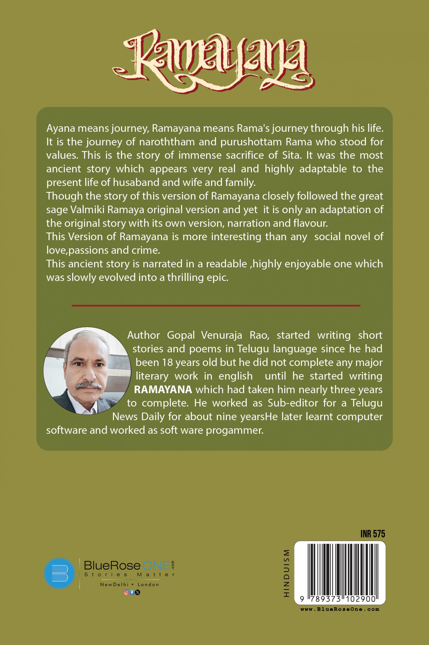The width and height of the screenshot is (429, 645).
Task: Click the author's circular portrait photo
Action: point(87,370)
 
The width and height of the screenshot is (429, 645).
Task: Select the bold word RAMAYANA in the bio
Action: point(163,390)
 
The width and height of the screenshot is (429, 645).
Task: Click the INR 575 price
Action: point(372,534)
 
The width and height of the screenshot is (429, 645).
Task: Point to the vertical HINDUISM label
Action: point(286,573)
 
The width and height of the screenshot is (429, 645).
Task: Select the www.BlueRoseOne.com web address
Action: point(339,609)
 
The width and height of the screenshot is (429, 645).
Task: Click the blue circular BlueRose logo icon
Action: point(59,573)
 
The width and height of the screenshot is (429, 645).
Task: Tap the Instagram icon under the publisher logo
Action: point(126,592)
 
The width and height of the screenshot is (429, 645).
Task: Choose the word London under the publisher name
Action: point(148,585)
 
